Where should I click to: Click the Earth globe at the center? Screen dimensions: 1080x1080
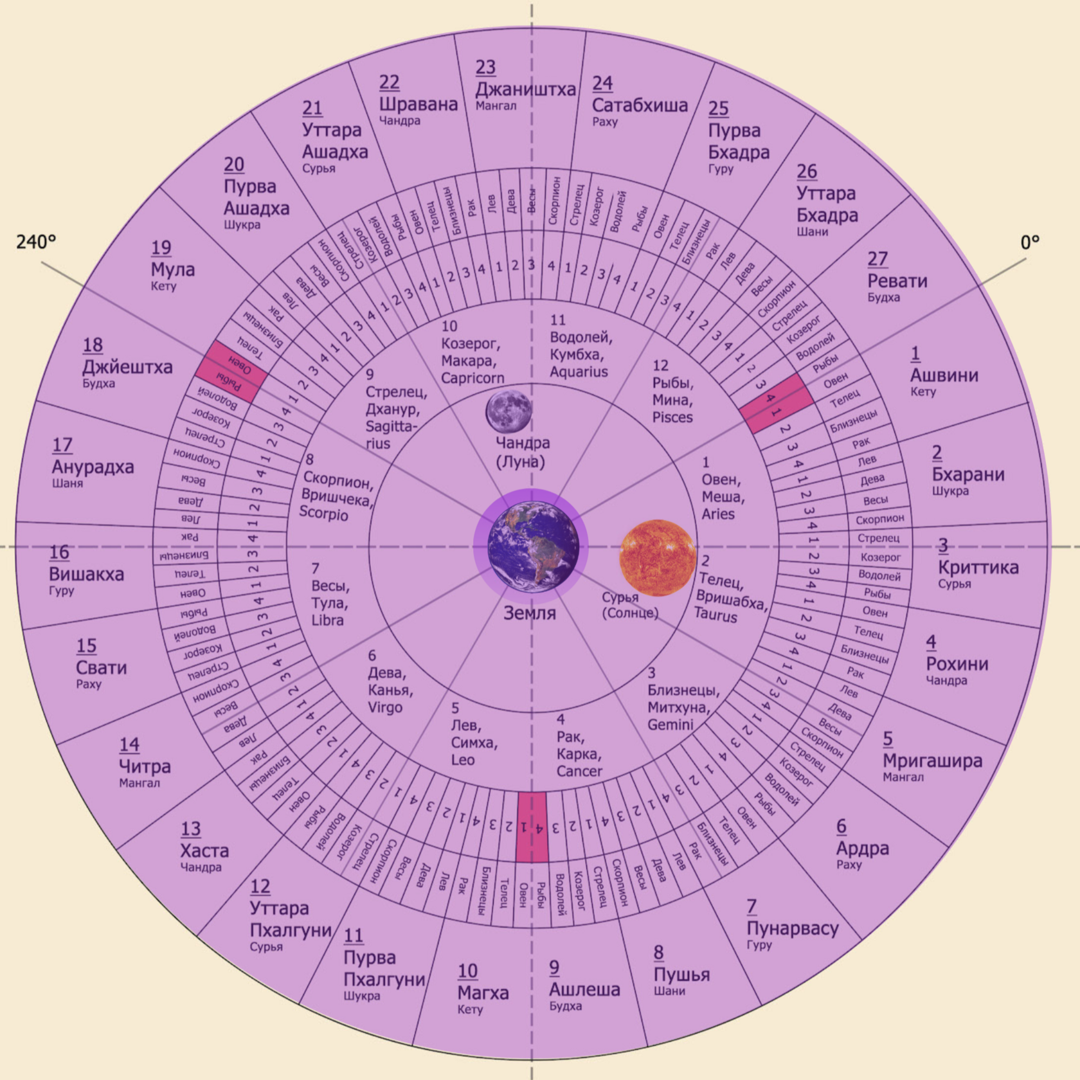tap(533, 546)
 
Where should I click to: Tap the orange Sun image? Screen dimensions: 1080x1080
tap(657, 557)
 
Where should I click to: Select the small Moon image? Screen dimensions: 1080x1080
tap(509, 411)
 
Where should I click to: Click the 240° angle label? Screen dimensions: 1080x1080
tap(36, 242)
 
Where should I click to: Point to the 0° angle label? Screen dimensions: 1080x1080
tap(1030, 242)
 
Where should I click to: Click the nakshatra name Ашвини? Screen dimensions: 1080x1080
tap(944, 375)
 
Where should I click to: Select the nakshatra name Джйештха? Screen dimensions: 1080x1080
tap(127, 367)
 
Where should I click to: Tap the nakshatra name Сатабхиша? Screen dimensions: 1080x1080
tap(640, 105)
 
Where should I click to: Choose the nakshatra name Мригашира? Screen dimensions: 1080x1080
tap(932, 760)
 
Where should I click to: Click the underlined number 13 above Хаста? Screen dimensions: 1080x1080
tap(191, 829)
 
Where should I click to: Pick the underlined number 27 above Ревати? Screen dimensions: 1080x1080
tap(878, 258)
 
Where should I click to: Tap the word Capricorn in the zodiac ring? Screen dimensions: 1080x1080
tap(473, 378)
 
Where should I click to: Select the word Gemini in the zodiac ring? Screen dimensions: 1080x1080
tap(670, 724)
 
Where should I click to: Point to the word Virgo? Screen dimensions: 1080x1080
tap(385, 707)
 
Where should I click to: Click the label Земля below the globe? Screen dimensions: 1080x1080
tap(529, 613)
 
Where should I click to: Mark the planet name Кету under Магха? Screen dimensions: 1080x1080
tap(470, 1009)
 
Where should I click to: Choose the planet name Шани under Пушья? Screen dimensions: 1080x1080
tap(669, 991)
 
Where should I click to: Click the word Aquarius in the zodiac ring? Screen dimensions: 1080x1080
tap(579, 372)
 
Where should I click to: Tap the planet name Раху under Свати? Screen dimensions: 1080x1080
tap(89, 684)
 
